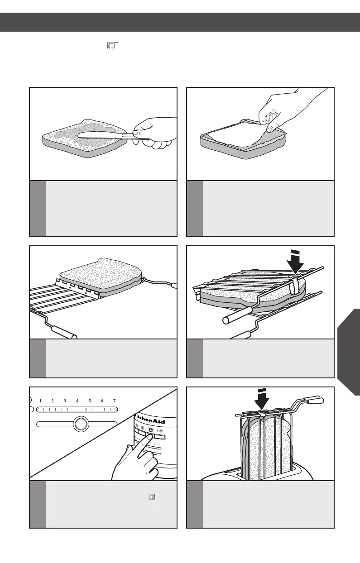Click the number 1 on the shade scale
click(x=40, y=401)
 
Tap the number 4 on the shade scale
click(x=77, y=401)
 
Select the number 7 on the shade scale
click(x=115, y=401)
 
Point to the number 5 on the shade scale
click(x=90, y=401)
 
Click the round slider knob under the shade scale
click(x=80, y=424)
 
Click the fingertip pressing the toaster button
click(x=142, y=438)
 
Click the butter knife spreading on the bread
click(x=104, y=134)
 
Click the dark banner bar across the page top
click(x=180, y=22)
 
